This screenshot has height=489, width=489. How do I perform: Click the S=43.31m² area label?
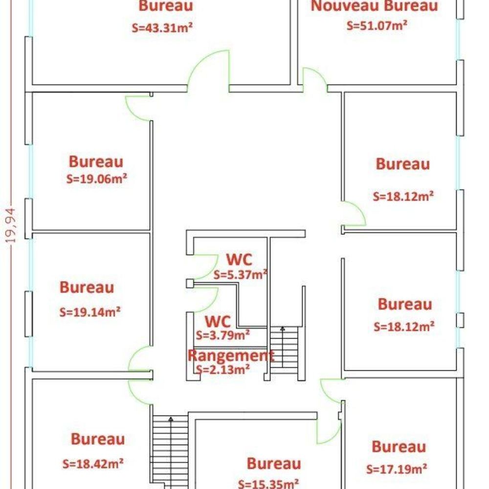coord(162,28)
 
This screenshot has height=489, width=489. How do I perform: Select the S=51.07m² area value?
coord(377,25)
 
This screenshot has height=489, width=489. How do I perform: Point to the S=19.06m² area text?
coord(97,179)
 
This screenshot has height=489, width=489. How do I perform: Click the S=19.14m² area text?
coord(90,312)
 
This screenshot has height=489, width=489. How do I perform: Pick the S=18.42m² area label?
coord(93,464)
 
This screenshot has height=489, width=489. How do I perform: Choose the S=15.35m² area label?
coord(268,484)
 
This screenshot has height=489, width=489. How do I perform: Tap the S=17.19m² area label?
coord(397,469)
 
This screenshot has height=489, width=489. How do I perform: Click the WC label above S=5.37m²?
coord(239,259)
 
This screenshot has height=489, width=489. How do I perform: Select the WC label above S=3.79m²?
coord(218,321)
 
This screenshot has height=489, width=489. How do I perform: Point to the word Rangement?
coord(231,355)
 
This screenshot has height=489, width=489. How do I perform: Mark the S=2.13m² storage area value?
coord(222,369)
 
